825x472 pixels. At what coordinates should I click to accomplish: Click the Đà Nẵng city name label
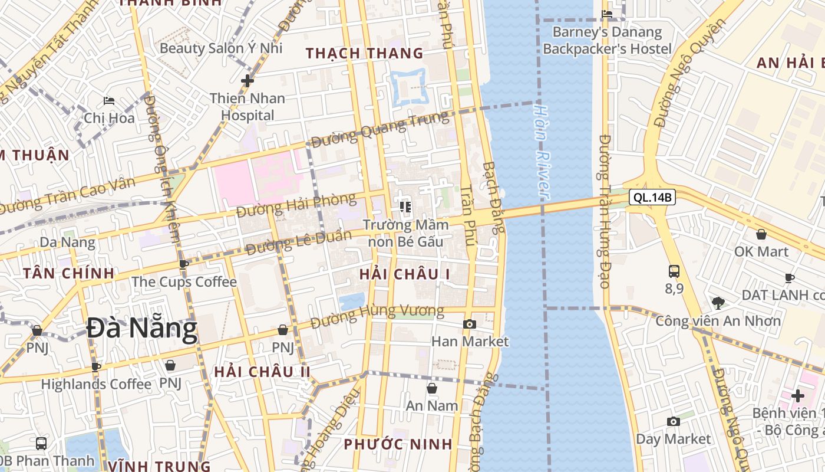(141, 329)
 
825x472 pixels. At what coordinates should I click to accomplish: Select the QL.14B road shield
(652, 197)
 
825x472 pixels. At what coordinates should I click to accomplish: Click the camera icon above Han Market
(470, 324)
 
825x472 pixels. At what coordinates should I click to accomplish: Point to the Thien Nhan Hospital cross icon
(247, 80)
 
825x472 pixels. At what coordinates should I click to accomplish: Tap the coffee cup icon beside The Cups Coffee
(183, 264)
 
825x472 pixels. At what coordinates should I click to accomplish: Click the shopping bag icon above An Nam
(432, 388)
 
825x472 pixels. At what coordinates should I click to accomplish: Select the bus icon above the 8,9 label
(674, 271)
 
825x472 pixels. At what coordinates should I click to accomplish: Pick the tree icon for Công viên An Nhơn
(718, 303)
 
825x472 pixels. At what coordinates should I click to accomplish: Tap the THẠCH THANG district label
(364, 53)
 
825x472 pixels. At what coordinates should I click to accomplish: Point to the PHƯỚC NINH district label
(398, 444)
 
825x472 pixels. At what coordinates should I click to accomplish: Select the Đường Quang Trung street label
(379, 130)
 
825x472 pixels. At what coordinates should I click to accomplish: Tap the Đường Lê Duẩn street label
(299, 242)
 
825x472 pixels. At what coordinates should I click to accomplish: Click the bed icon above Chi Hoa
(109, 101)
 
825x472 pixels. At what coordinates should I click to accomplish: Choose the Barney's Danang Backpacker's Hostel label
(607, 40)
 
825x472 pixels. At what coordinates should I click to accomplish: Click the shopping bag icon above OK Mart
(761, 234)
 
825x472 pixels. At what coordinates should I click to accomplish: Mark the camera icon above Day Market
(673, 421)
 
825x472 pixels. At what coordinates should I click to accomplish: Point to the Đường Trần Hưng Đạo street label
(605, 211)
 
